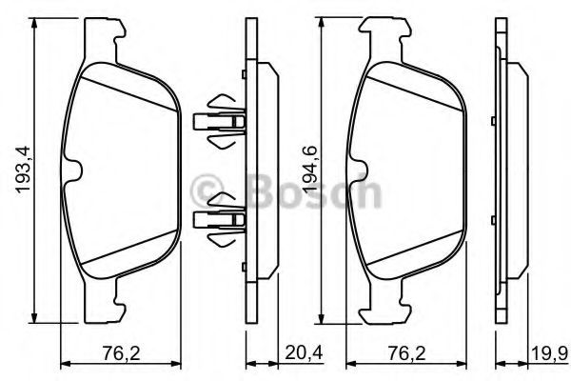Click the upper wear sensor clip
(220, 121)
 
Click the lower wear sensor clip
(220, 220)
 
